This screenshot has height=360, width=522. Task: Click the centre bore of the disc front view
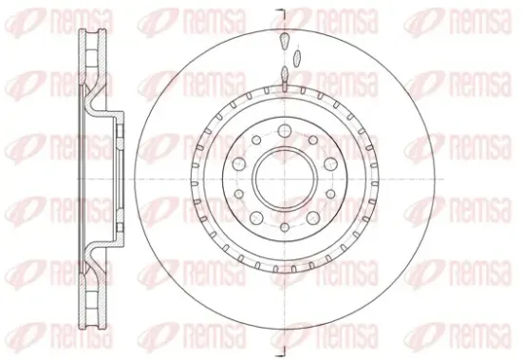[285, 179]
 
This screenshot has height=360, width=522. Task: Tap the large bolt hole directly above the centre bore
[285, 130]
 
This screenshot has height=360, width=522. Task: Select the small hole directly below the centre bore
[285, 228]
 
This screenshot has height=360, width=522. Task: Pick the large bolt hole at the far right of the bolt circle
[330, 163]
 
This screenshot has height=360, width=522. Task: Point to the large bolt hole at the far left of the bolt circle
[238, 163]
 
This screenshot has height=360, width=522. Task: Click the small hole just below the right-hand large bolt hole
[330, 194]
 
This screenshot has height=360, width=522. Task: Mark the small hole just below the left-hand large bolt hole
[238, 194]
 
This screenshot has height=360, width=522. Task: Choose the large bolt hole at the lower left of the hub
[256, 218]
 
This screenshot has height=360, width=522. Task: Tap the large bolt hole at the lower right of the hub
[313, 218]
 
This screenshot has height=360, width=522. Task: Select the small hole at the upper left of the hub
[256, 140]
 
